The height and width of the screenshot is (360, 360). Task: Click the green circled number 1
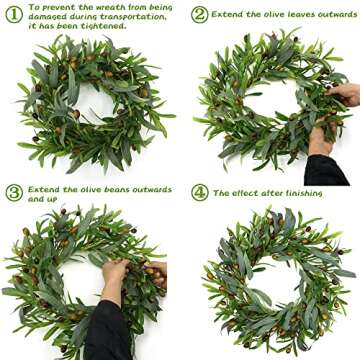coord(13,14)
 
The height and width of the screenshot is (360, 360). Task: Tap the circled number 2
coord(200,15)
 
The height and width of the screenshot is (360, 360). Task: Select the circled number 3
coord(13,192)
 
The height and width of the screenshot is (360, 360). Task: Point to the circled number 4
coord(200,192)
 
